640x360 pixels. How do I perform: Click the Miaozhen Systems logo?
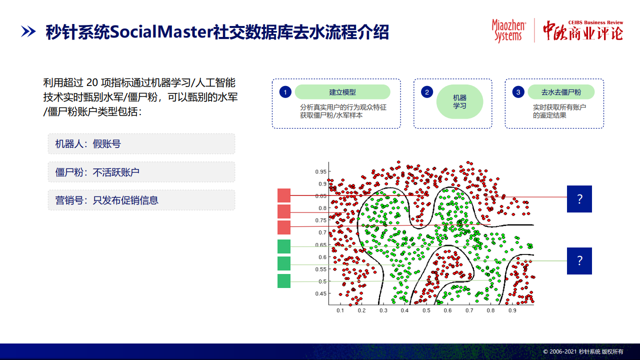(x=508, y=31)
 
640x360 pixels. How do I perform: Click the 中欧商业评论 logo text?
(x=583, y=31)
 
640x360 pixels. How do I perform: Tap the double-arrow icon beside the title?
(x=28, y=31)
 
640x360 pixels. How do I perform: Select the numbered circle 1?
(x=285, y=92)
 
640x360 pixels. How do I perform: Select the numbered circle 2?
(x=427, y=92)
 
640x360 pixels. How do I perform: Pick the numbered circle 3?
(x=518, y=92)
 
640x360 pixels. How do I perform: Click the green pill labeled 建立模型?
(x=342, y=92)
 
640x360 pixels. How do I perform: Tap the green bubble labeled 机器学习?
(x=459, y=101)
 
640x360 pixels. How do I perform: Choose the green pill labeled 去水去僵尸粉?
(x=561, y=92)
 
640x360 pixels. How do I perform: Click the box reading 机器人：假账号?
(x=141, y=143)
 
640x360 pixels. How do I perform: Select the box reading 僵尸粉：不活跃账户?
(x=141, y=172)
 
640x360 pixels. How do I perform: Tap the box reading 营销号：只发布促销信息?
(x=141, y=200)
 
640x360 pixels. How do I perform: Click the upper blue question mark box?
(x=579, y=199)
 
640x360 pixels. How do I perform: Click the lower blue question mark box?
(x=579, y=261)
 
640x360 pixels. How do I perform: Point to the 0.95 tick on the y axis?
(x=320, y=171)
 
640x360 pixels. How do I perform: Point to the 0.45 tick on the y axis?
(x=320, y=293)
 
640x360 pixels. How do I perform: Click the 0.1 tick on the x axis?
(x=340, y=310)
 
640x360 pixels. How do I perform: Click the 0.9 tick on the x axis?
(x=512, y=310)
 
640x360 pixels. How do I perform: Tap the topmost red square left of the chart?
(x=284, y=195)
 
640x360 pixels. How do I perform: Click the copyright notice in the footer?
(x=583, y=351)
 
